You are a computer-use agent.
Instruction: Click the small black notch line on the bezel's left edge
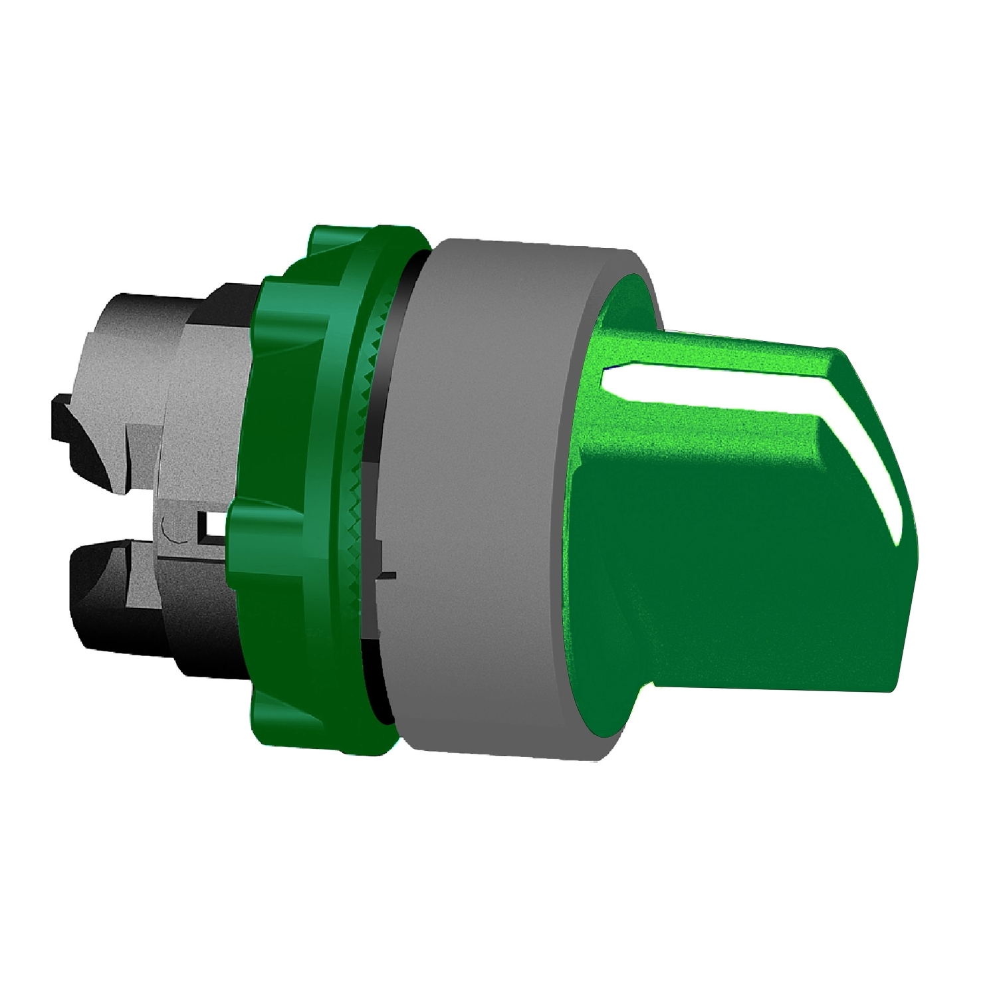click(x=386, y=576)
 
